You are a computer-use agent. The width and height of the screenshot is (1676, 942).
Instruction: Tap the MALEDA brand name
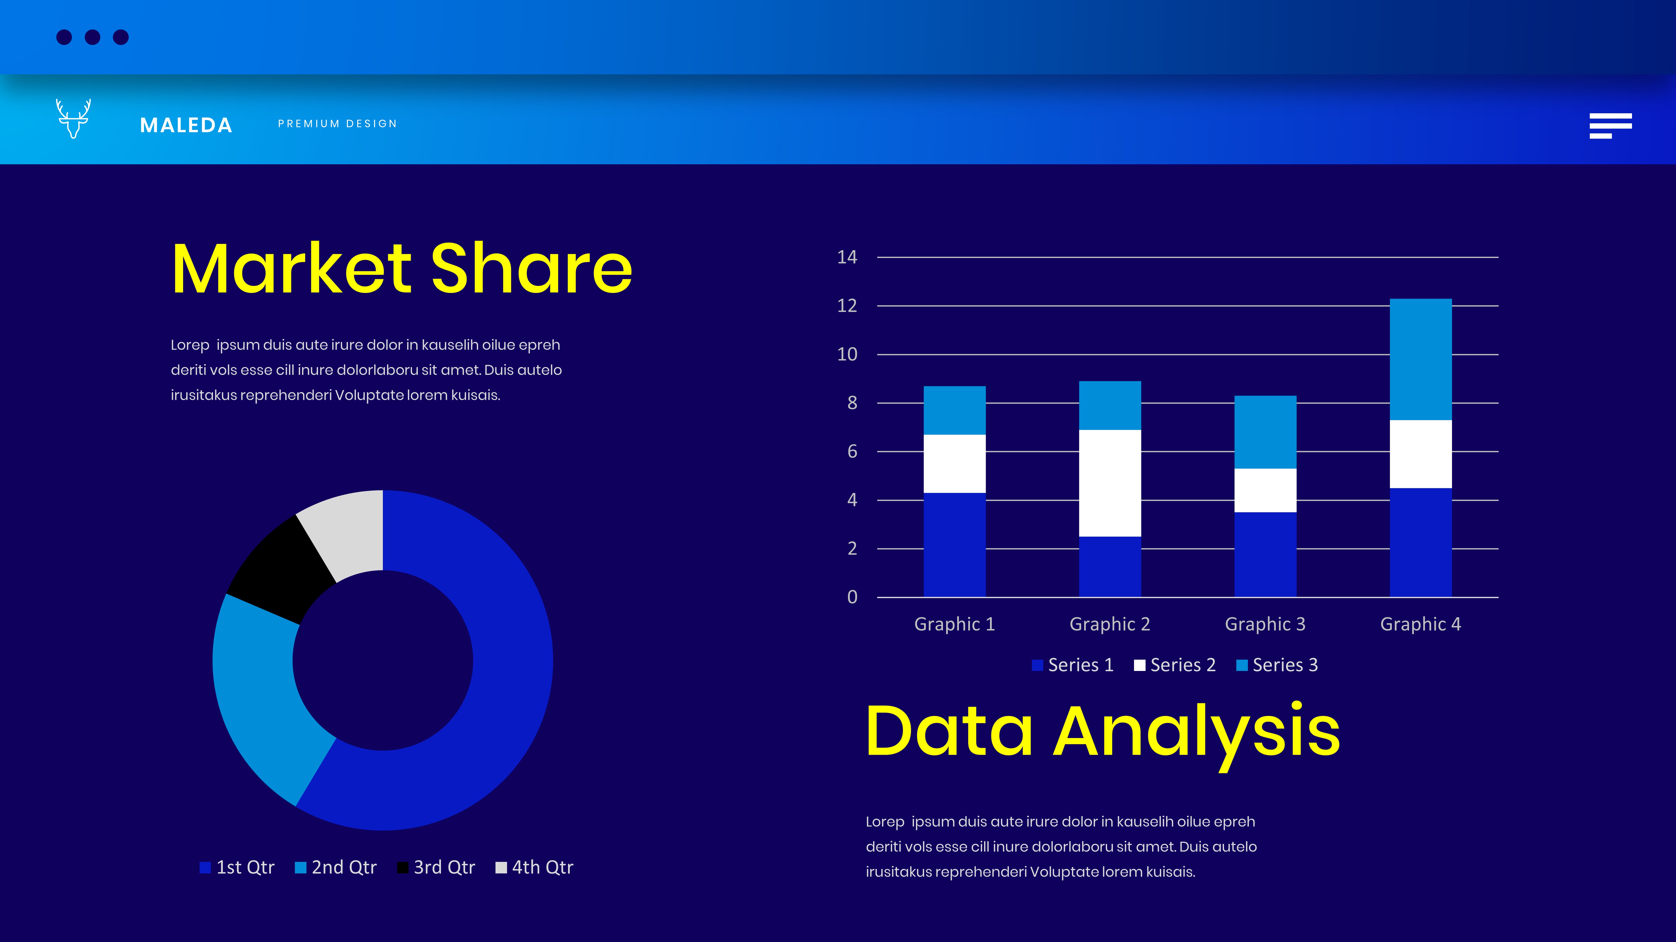pos(186,125)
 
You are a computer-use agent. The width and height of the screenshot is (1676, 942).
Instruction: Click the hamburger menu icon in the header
pos(1610,125)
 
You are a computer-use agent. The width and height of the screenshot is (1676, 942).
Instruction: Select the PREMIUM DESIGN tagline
pos(337,124)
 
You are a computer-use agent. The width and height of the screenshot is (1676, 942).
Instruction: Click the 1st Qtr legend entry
pos(238,867)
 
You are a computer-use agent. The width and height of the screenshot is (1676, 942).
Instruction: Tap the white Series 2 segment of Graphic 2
pos(1110,483)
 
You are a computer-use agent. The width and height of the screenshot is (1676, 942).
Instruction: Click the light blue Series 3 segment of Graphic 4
pos(1421,359)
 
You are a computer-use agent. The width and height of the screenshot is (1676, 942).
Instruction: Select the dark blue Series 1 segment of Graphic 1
pos(955,545)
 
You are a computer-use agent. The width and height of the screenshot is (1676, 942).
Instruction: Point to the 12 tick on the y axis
pos(847,305)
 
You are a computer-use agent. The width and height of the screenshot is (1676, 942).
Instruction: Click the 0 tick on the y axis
pos(852,597)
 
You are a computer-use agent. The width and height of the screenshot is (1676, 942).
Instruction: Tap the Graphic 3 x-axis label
pos(1265,624)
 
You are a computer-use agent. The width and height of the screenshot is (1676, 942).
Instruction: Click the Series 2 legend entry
pos(1175,665)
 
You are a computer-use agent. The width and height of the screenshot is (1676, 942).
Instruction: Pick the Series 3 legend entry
pos(1277,665)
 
